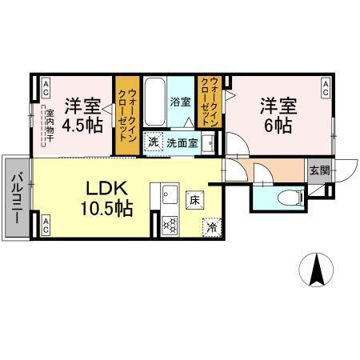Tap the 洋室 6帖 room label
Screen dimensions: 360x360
[x=275, y=114]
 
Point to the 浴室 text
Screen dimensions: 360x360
[x=181, y=102]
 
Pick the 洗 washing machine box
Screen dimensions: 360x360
[x=152, y=142]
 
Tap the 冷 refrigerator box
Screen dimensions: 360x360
[x=212, y=226]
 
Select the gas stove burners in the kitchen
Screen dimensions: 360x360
[x=169, y=226]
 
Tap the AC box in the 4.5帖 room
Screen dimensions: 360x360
[x=46, y=85]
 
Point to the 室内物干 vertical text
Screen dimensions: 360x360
[x=48, y=125]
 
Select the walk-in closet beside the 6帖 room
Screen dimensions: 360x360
[x=209, y=102]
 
